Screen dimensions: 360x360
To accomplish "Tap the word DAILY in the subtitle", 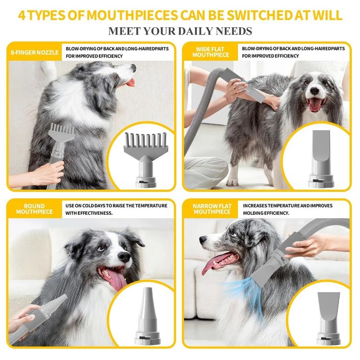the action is [195, 31].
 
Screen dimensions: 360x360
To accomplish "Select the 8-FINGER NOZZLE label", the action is [35, 53].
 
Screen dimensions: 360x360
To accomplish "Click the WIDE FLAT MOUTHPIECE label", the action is [211, 52].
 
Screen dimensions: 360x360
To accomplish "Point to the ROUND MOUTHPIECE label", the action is [34, 209].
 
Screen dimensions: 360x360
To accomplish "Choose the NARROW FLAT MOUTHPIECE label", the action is [212, 209].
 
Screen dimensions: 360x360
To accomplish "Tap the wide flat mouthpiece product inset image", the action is [321, 158].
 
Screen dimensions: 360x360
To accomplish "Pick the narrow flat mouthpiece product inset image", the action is [328, 318].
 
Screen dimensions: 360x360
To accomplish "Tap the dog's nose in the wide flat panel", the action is [314, 91].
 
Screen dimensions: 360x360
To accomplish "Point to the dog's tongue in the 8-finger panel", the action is [131, 83].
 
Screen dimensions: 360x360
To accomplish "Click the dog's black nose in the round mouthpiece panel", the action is [124, 257].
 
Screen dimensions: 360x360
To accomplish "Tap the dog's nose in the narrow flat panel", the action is [203, 240].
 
